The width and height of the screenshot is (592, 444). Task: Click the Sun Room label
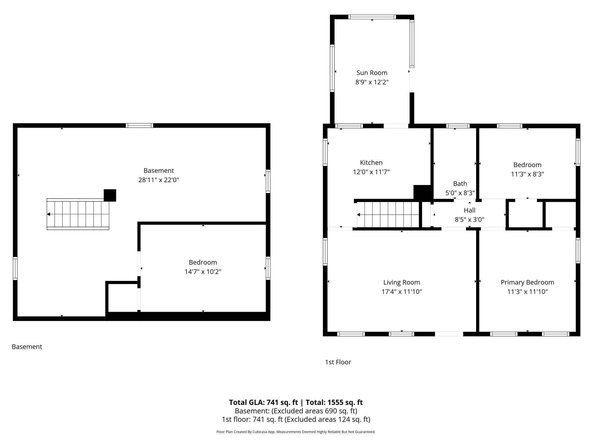coord(372,73)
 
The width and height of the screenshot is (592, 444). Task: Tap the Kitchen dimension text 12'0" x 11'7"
coord(371,172)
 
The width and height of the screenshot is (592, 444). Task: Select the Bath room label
coord(460,184)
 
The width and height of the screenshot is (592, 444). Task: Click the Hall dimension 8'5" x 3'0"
coord(469,219)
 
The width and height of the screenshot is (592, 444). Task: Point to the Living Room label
coord(401,282)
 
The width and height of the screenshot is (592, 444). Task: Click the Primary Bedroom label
coord(527,282)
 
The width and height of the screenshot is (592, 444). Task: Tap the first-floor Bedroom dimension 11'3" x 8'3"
coord(527,174)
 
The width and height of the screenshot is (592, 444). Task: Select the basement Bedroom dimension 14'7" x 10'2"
coord(203,272)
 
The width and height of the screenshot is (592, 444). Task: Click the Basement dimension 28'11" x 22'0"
coord(159,180)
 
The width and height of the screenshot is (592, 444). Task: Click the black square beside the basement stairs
coord(110,195)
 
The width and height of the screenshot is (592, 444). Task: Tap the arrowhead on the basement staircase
coord(49,214)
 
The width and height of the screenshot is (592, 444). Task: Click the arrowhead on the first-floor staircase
coord(359,215)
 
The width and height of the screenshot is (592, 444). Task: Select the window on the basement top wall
coord(139,126)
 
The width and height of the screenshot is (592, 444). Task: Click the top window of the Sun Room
coord(372,17)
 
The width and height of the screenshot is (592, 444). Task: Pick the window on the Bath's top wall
coord(458,126)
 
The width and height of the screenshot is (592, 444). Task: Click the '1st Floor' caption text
coord(338,362)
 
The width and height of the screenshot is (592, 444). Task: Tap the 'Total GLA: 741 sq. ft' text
coord(263,402)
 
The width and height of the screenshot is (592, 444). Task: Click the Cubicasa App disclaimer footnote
coord(296,432)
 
